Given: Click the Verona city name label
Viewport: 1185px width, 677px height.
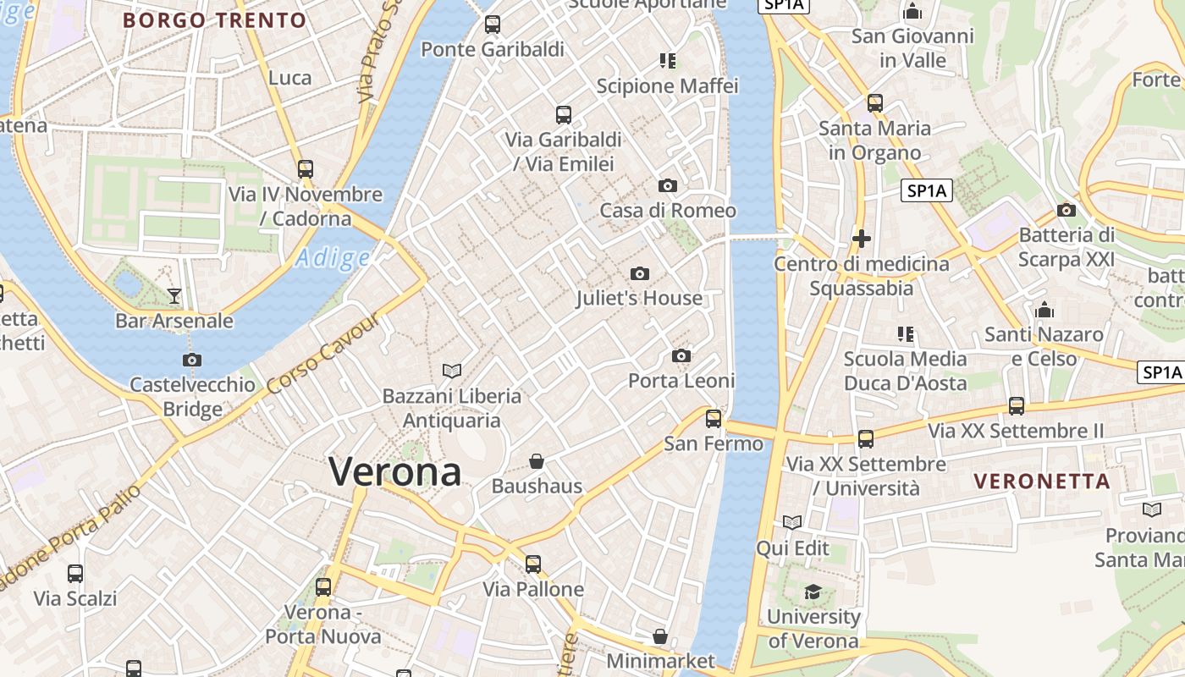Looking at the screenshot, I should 395,471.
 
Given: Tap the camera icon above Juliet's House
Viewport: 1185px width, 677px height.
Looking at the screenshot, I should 640,273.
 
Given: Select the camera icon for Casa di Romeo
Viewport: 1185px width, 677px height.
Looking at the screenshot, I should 668,186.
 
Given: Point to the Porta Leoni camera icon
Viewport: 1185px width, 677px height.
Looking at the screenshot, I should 681,356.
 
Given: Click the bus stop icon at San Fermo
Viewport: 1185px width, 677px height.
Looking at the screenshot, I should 714,418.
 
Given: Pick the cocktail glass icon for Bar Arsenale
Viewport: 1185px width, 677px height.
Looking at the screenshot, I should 174,295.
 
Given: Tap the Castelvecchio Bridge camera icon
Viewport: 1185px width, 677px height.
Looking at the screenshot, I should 192,360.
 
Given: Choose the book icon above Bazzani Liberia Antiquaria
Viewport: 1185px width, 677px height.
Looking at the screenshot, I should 452,371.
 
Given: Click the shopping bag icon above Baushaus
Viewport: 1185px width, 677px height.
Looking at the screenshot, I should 537,461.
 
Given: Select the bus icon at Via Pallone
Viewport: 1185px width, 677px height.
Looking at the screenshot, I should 532,564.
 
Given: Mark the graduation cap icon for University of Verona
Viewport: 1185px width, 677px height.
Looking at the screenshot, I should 813,592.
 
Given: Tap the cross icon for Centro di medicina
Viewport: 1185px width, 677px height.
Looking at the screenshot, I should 862,239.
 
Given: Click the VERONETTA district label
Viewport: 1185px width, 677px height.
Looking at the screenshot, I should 1041,482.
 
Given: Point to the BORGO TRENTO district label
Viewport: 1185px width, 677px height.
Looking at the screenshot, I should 214,20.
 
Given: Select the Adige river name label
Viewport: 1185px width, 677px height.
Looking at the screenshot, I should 333,258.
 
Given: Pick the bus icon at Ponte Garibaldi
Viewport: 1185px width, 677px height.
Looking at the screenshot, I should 493,25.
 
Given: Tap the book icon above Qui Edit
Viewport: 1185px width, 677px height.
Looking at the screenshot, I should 793,522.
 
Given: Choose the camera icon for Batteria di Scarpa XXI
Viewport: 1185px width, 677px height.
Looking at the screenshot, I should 1066,210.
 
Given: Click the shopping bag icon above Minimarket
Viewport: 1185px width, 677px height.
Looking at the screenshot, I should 660,636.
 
